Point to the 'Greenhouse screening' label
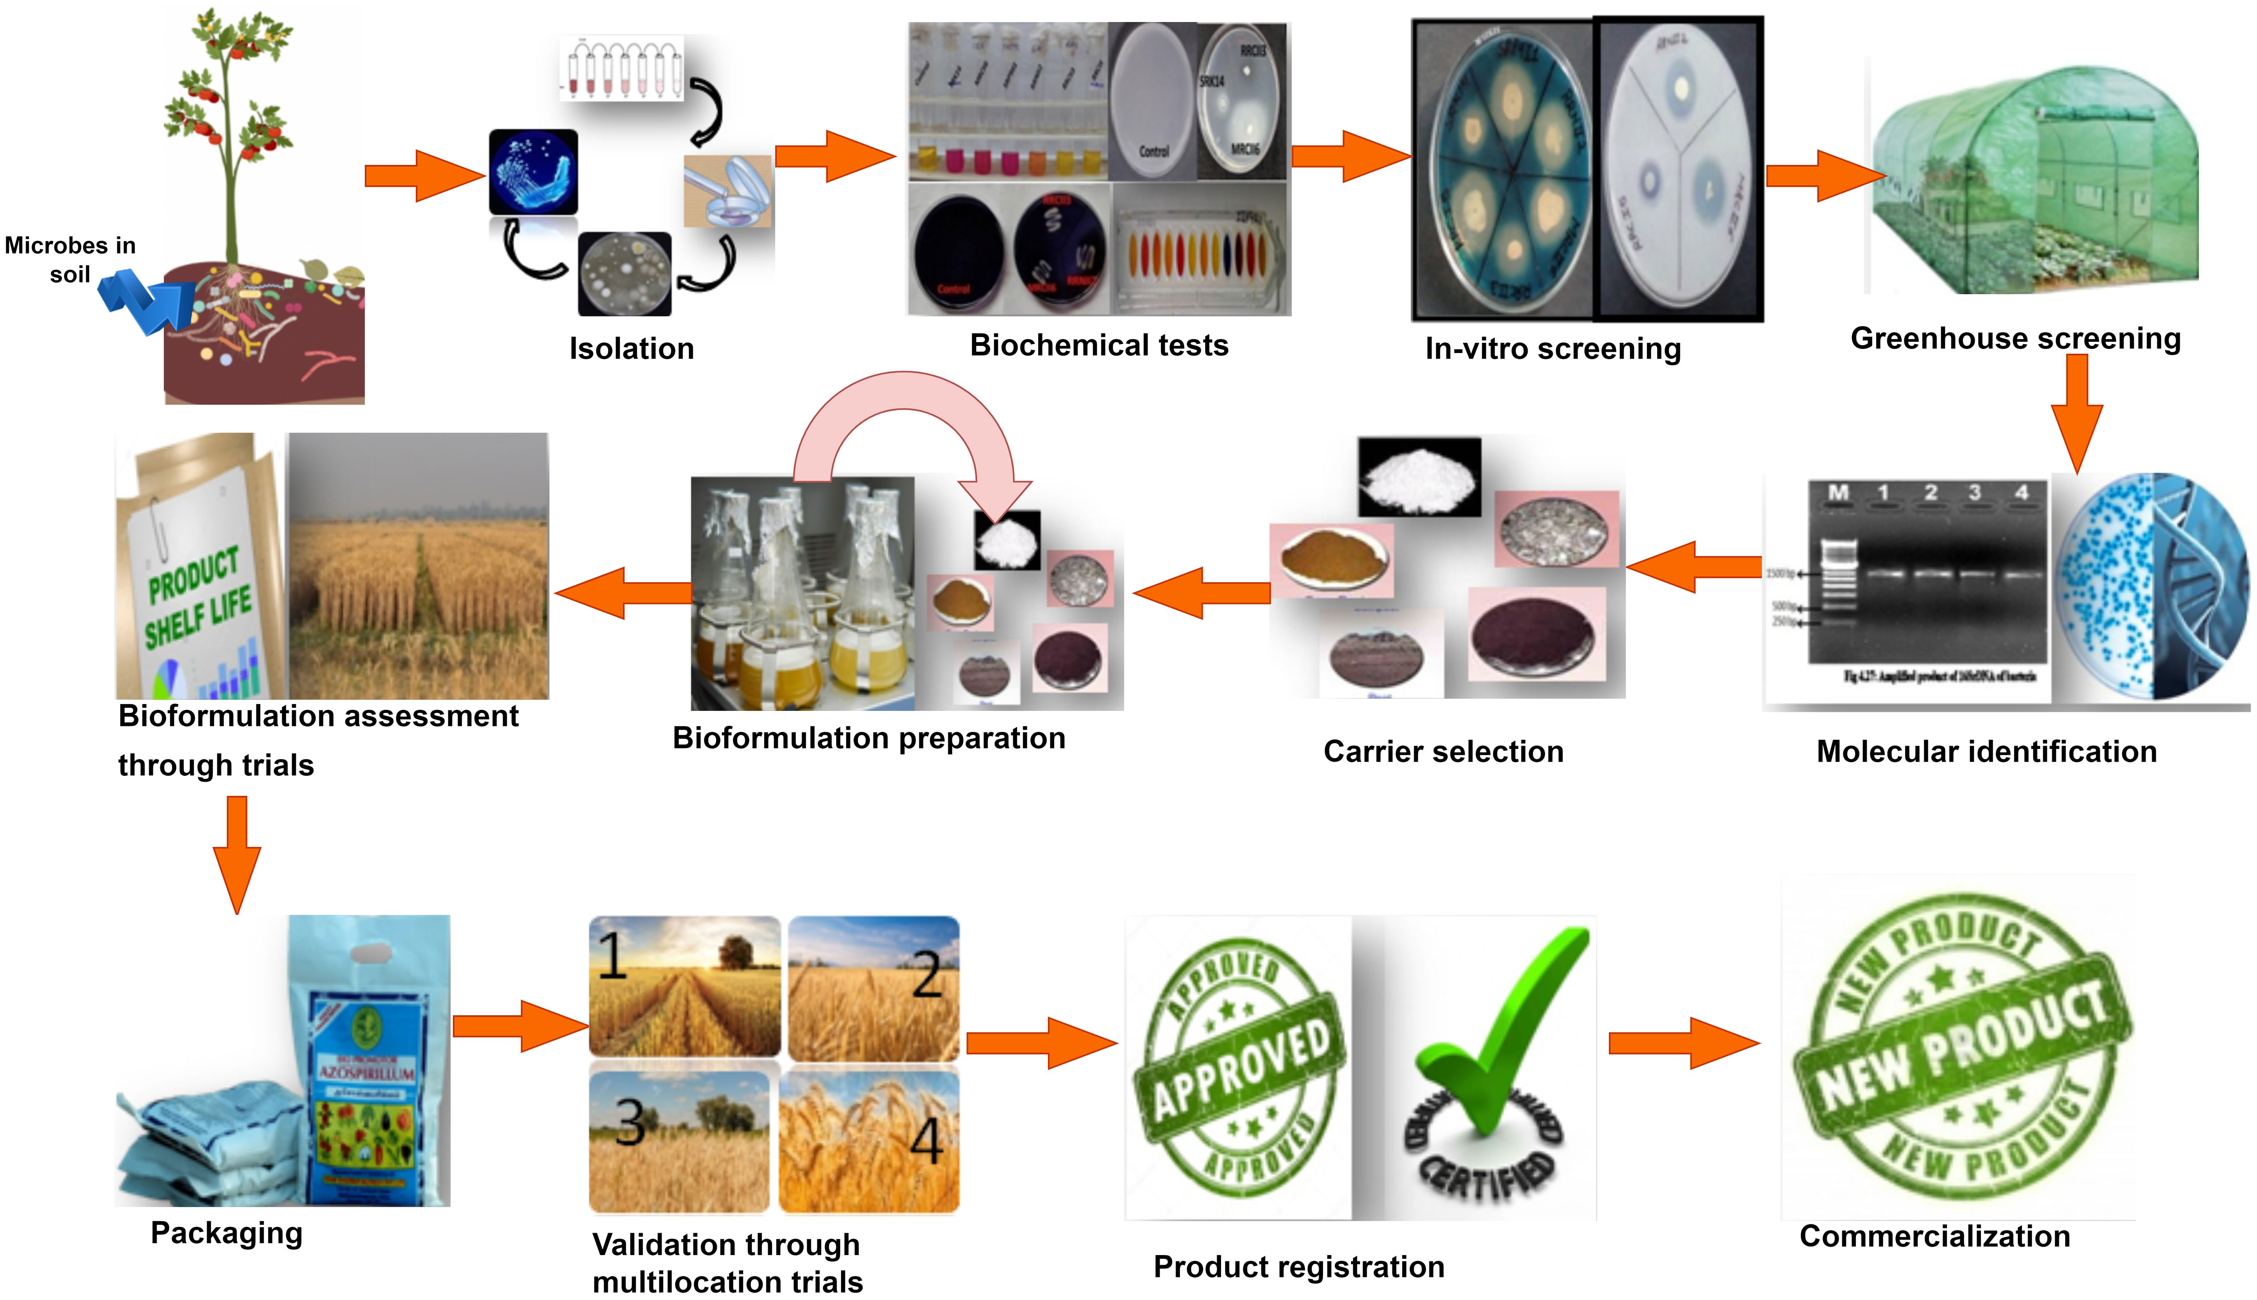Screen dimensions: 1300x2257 click(2015, 338)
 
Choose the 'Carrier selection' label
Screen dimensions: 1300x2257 click(1443, 752)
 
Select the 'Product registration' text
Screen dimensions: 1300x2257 click(1299, 1266)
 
